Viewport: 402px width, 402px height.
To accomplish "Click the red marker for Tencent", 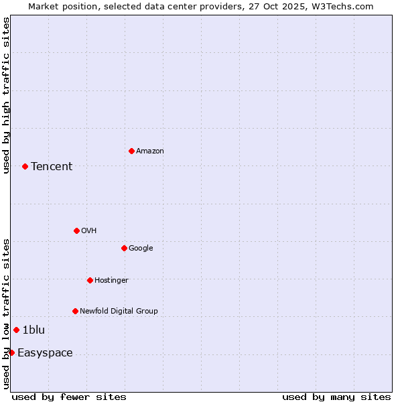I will [25, 166].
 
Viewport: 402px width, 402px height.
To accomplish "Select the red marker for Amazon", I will [131, 151].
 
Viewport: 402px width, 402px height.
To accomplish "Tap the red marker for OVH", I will [76, 230].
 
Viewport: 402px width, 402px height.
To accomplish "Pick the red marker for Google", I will [124, 248].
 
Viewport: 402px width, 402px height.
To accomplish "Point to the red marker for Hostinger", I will [90, 280].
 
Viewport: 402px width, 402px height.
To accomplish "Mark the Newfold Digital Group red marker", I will [75, 311].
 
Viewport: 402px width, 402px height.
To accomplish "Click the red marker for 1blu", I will [16, 330].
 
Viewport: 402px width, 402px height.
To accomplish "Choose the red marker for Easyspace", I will [11, 352].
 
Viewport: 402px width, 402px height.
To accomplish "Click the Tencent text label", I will [52, 167].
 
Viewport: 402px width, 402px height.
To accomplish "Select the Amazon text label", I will [150, 151].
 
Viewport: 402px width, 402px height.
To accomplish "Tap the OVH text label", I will [89, 231].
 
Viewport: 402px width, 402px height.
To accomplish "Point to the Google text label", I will [141, 249].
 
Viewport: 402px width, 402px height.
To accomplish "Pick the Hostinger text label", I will [111, 281].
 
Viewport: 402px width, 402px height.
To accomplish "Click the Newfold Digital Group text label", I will [119, 312].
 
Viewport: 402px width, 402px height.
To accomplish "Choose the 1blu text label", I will [33, 330].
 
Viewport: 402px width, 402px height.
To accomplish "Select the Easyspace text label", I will [45, 353].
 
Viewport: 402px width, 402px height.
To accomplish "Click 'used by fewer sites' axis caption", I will [69, 397].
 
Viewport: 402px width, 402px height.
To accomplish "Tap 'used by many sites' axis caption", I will [336, 397].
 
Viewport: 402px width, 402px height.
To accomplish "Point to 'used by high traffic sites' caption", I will [6, 95].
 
